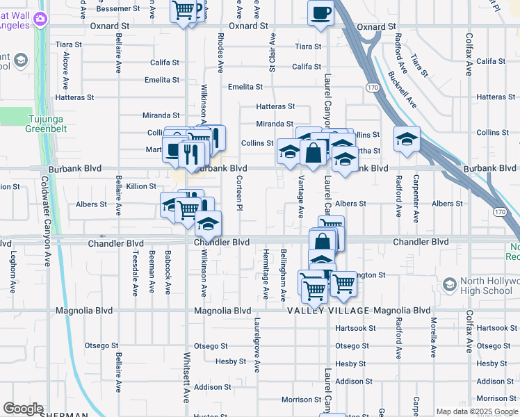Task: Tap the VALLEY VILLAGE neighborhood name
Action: [x=329, y=311]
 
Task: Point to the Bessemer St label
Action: [x=117, y=8]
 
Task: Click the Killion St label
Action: [x=141, y=186]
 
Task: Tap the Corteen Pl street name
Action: [x=239, y=194]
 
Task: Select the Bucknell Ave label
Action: [x=403, y=88]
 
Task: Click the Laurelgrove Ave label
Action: [x=257, y=345]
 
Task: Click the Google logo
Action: [x=23, y=409]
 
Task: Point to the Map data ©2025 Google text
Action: [x=476, y=411]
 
